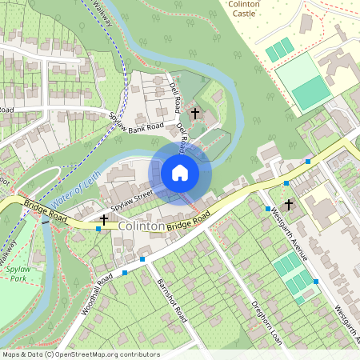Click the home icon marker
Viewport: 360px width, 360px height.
click(180, 172)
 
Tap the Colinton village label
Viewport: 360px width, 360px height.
click(142, 227)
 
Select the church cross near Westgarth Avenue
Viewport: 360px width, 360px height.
click(290, 204)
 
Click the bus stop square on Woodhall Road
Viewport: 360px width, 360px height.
click(125, 273)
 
